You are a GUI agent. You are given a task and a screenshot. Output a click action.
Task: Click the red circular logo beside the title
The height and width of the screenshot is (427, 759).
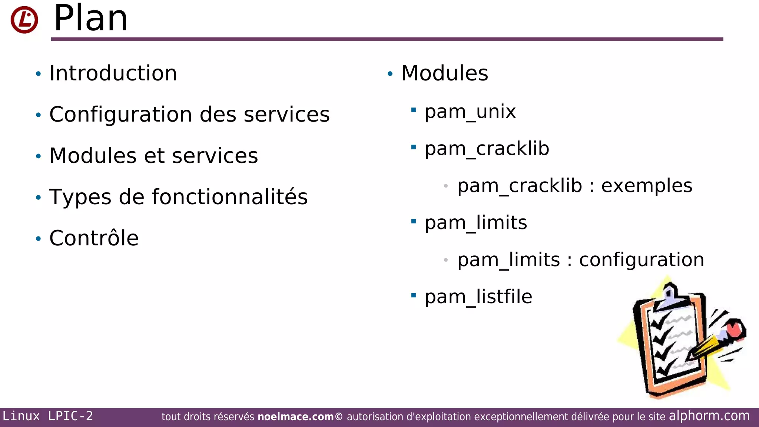[x=24, y=20]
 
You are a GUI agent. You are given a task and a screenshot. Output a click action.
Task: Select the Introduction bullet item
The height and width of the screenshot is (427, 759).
[x=113, y=73]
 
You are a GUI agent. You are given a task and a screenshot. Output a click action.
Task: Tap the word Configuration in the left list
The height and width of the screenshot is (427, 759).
[x=121, y=114]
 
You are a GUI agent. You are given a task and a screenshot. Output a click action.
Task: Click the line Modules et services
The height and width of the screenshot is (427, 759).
[x=153, y=155]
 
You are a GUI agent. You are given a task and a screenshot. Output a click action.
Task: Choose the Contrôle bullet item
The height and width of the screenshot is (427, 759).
[x=94, y=238]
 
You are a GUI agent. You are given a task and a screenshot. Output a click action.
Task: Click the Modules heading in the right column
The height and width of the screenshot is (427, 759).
[x=444, y=73]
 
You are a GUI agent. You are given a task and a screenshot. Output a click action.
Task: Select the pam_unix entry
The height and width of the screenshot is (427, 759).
[x=470, y=111]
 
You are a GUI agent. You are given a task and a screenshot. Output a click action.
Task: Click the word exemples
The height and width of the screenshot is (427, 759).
[x=646, y=185]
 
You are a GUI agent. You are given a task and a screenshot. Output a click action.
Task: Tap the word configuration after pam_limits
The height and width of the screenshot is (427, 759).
[x=642, y=259]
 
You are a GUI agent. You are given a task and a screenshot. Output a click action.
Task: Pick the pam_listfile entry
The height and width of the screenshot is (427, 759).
[x=478, y=297]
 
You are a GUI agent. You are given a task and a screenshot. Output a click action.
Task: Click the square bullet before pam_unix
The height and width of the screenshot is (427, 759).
[x=414, y=110]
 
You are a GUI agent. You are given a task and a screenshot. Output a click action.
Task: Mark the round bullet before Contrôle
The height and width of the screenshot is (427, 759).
[x=38, y=238]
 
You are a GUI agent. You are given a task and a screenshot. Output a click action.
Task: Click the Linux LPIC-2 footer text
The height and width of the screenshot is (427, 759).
[x=48, y=416]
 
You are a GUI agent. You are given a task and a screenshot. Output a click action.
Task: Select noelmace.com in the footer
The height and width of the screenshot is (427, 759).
[x=295, y=417]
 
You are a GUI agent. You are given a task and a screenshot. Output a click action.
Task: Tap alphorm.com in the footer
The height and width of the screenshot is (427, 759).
[x=709, y=416]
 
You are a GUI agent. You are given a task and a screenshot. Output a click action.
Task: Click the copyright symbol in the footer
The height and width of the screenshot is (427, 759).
[x=339, y=417]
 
